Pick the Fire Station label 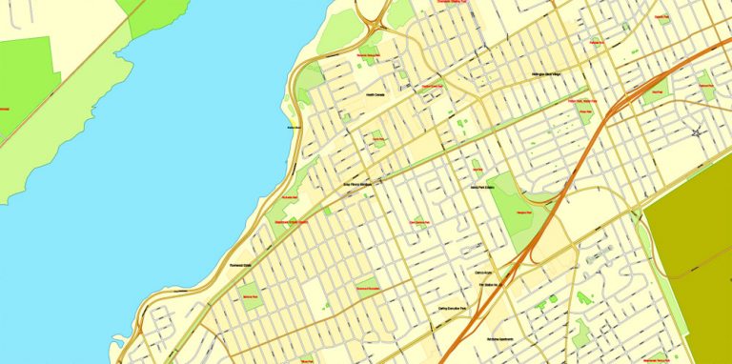[x=491, y=284]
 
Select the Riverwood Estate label [x=240, y=266]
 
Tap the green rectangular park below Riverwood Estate [x=251, y=296]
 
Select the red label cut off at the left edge [x=4, y=109]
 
